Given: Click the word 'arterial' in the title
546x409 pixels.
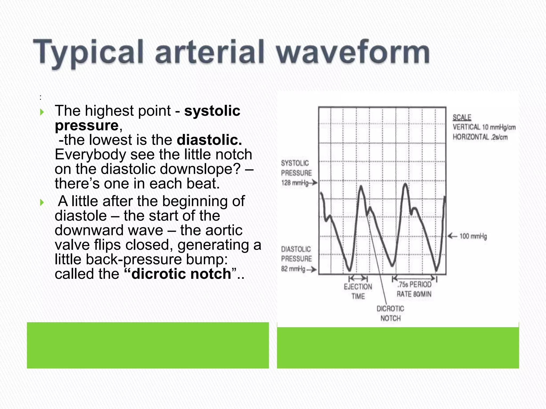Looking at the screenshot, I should point(210,52).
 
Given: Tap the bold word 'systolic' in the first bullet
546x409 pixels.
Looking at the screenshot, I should point(212,111).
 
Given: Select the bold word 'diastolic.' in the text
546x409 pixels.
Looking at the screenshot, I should point(209,140).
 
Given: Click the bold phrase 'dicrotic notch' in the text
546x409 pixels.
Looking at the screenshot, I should point(181,274).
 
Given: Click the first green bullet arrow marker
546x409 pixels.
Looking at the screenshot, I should point(42,112).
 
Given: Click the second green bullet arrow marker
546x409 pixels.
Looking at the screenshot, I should point(42,202).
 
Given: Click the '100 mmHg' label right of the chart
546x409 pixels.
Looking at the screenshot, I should point(473,236).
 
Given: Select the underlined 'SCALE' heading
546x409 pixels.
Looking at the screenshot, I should point(462,117).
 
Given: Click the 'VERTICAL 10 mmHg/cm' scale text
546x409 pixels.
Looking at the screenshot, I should point(484,127).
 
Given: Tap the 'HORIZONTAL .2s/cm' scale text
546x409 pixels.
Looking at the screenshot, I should point(480,137).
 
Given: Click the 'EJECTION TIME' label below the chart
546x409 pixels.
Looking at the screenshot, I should point(358,291).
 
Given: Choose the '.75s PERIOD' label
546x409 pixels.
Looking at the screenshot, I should point(414,285).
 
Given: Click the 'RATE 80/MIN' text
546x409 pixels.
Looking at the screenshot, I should point(414,294).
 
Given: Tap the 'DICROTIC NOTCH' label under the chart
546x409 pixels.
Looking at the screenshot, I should point(390,313).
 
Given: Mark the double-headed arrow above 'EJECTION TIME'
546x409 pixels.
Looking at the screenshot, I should point(358,279).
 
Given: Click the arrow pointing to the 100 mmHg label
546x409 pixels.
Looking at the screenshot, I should point(452,236).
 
